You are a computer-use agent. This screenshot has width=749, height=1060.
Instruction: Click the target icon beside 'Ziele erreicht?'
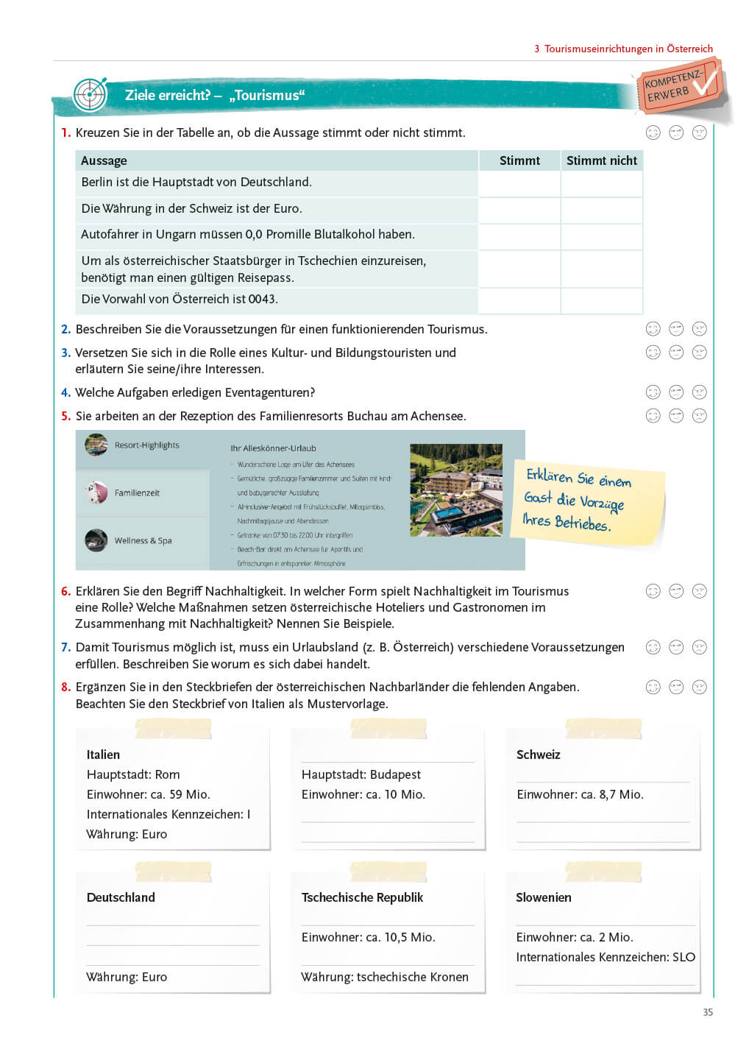tap(90, 95)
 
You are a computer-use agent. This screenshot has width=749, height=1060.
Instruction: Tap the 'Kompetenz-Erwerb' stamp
tap(678, 86)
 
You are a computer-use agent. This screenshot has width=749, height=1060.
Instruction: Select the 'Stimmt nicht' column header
tap(601, 160)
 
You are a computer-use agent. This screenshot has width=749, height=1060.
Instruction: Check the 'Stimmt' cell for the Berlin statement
tap(519, 183)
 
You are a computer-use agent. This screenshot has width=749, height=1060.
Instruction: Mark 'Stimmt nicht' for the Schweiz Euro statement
tap(601, 209)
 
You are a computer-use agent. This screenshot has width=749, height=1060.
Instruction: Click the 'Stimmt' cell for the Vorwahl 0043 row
tap(519, 300)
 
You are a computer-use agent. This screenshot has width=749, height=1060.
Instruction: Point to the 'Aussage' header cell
tap(104, 160)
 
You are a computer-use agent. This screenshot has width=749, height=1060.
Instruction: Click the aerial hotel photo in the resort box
tap(455, 490)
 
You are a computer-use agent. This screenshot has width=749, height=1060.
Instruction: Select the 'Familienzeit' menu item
tap(137, 493)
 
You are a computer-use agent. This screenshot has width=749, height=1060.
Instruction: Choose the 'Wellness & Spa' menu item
tap(143, 541)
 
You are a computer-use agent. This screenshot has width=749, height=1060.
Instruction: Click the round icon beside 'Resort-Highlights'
tap(96, 445)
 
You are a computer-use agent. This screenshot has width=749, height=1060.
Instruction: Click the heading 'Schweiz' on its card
tap(538, 755)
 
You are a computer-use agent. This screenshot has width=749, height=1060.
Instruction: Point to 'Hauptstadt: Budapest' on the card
tap(361, 774)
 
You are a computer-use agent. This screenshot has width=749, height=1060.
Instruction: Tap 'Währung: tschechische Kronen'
tap(384, 977)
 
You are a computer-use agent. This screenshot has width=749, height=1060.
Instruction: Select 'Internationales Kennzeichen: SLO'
tap(605, 957)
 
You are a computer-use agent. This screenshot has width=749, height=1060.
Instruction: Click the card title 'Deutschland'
tap(121, 897)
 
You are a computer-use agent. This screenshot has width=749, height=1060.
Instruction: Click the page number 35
tap(708, 1012)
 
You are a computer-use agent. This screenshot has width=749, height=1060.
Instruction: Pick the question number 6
tap(65, 591)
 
